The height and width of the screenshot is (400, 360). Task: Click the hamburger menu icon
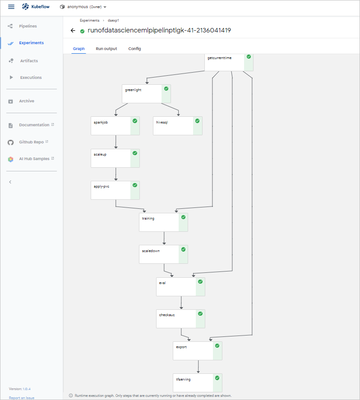pos(11,7)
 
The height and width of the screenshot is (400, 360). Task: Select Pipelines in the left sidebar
pos(28,26)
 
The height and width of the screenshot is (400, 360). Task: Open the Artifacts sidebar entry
pos(28,61)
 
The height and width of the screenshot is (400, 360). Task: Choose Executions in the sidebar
pos(31,78)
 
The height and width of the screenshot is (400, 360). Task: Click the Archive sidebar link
pos(26,101)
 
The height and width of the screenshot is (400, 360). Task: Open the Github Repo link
pos(31,142)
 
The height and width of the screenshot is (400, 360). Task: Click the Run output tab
pos(106,49)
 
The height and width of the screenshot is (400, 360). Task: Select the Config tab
pos(134,49)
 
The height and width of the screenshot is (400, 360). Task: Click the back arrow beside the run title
pos(73,31)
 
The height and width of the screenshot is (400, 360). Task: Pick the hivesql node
pos(173,126)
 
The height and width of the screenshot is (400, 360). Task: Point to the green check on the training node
pos(183,217)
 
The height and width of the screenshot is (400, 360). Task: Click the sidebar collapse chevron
pos(10,182)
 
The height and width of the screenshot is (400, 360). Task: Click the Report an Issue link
pos(22,398)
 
